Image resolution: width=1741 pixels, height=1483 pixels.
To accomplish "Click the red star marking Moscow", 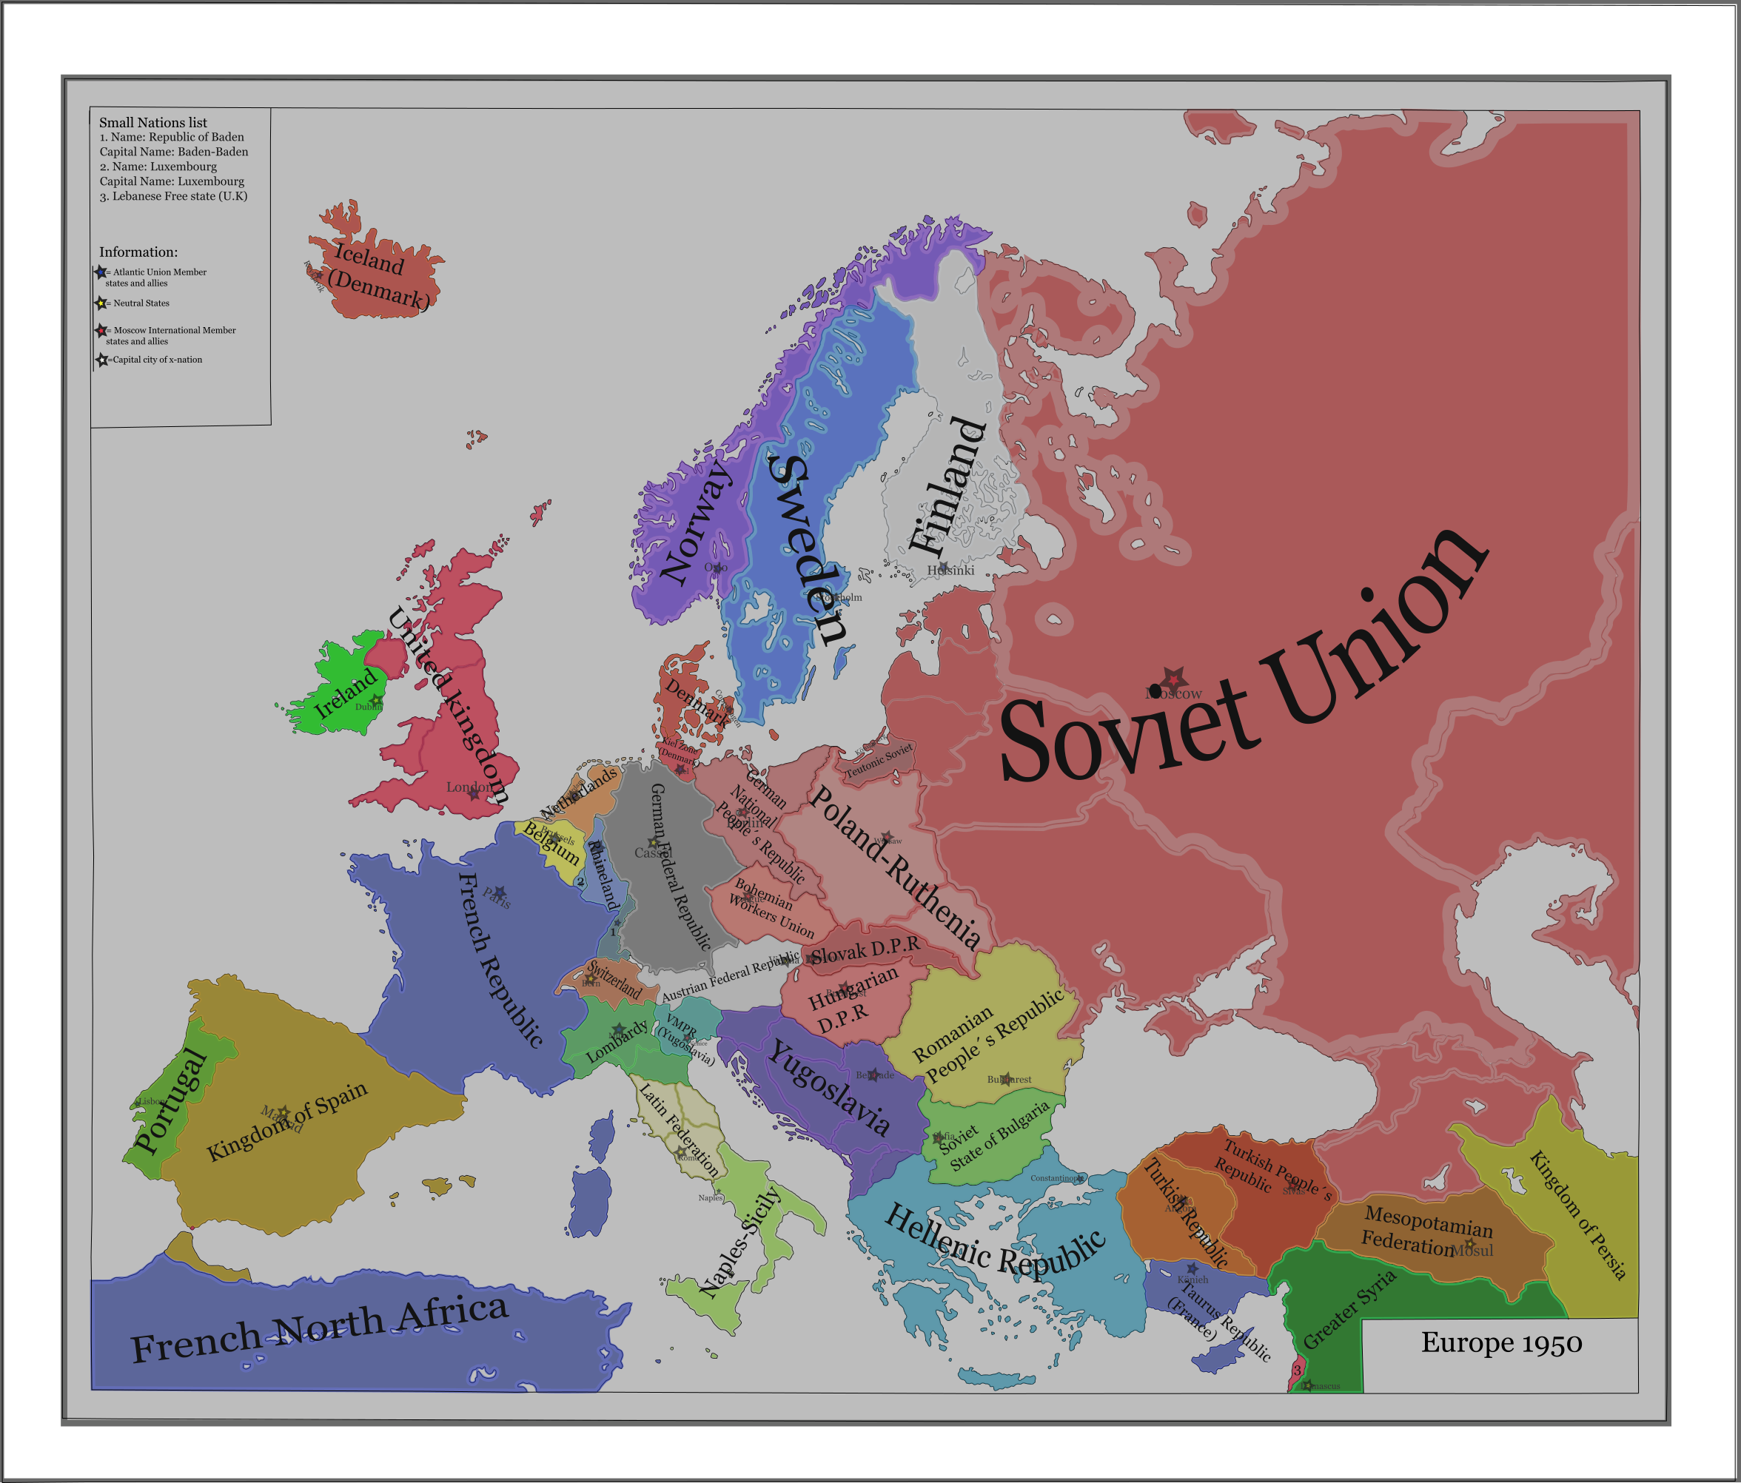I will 1173,679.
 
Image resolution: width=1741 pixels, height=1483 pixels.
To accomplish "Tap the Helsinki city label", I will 950,571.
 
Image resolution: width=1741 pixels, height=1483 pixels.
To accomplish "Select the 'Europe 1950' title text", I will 1500,1342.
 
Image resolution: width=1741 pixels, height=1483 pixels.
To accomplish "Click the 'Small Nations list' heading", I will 153,123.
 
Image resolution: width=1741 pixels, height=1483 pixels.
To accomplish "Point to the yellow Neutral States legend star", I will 101,303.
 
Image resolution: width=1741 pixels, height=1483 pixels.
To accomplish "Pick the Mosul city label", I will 1472,1250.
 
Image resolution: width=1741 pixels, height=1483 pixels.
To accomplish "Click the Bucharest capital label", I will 1008,1080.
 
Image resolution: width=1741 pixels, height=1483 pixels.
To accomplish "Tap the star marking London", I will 474,793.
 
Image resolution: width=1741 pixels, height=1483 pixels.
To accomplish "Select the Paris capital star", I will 499,892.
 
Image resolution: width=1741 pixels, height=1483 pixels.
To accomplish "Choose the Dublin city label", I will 368,707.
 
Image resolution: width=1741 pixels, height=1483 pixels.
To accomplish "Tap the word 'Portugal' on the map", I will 170,1100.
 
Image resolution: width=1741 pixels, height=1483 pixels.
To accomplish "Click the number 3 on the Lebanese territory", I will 1297,1370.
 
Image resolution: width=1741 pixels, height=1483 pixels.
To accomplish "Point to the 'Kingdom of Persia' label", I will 1577,1214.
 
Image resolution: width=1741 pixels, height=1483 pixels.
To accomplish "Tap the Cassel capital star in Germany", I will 653,843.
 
